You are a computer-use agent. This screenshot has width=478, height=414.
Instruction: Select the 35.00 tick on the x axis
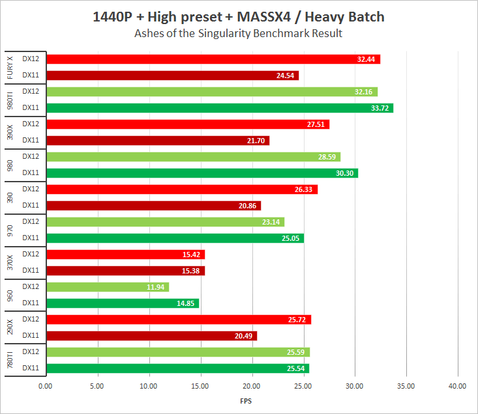(406, 386)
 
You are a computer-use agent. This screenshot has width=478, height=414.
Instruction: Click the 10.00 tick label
(149, 386)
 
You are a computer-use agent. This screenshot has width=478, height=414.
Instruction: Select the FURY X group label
(10, 68)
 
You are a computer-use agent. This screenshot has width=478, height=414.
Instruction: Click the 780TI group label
(10, 360)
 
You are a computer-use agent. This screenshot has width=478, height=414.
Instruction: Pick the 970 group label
(10, 230)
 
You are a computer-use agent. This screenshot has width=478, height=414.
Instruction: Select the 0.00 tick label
(46, 386)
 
